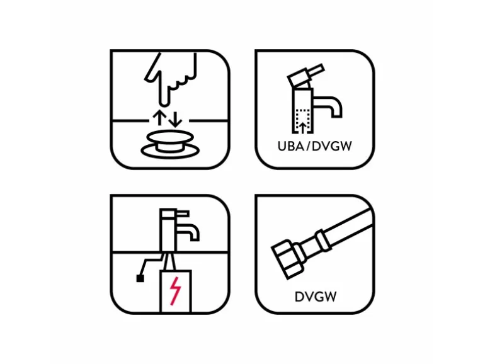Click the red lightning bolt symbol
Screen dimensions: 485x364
pos(175,291)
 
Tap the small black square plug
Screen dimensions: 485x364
pos(140,278)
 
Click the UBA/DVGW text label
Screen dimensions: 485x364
pos(314,146)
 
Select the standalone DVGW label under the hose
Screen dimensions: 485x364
pos(316,297)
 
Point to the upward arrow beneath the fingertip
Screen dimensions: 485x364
pos(159,117)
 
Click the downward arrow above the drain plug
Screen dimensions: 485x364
pos(175,120)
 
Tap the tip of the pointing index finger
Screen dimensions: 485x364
pos(164,105)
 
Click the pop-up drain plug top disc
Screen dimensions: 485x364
pos(170,137)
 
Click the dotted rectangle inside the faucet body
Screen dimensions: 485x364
pos(303,121)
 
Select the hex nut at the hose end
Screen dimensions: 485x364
pos(287,259)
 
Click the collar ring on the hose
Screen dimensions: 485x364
pos(323,241)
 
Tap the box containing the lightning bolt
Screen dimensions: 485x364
pos(175,292)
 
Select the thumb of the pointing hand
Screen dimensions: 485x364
pos(152,69)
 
